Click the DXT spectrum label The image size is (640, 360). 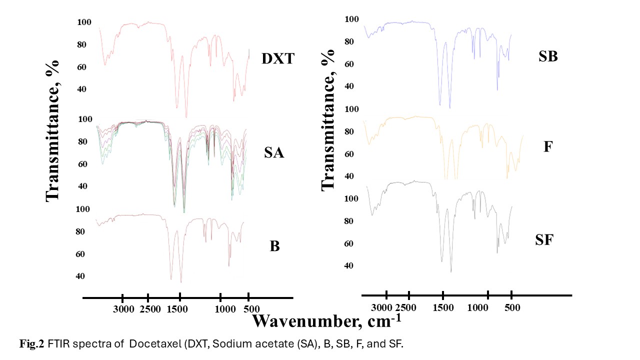tap(277, 59)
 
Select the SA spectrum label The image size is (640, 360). tap(274, 153)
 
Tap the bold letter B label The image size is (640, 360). tap(274, 246)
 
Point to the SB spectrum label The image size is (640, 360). tap(548, 56)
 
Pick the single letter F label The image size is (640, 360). tap(547, 147)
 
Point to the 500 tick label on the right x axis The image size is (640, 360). tap(511, 306)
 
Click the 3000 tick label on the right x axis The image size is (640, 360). tap(384, 306)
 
